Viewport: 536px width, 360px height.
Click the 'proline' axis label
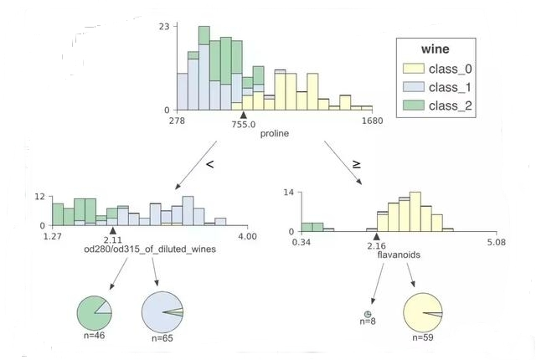[x=275, y=134]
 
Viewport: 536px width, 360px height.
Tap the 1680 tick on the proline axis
[x=372, y=121]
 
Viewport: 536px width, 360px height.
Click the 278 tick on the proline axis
[x=177, y=121]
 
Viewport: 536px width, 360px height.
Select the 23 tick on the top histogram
[x=165, y=27]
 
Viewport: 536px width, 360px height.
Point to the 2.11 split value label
[x=113, y=239]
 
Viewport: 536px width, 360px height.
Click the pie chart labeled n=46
[x=95, y=313]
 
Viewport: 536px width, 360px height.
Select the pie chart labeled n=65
[x=163, y=312]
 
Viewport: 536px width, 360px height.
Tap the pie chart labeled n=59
[x=423, y=313]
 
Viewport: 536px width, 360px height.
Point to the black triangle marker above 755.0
[x=243, y=116]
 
